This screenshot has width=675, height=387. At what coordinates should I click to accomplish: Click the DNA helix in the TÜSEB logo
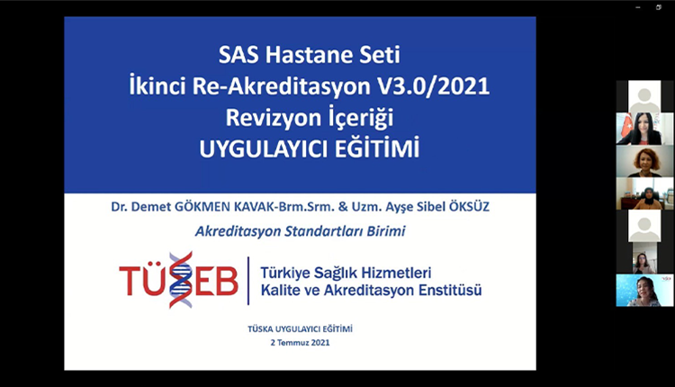(x=180, y=280)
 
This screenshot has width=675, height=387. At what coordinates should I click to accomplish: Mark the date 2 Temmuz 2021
(x=300, y=343)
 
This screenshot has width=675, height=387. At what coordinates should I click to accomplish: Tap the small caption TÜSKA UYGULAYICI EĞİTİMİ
(x=300, y=329)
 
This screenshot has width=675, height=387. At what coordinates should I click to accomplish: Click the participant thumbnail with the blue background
(x=644, y=291)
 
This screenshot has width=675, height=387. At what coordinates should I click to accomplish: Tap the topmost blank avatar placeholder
(x=644, y=96)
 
